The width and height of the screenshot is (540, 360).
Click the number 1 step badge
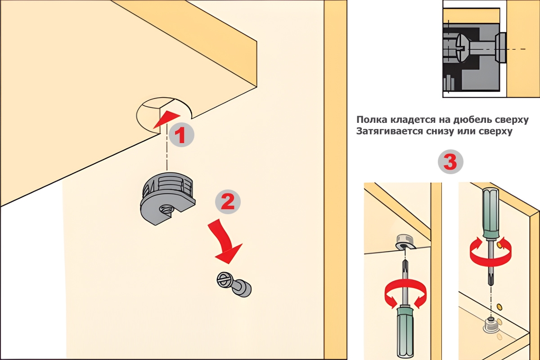coord(181,135)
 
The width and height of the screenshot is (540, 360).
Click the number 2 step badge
coord(228,202)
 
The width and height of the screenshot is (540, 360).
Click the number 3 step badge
coord(450,162)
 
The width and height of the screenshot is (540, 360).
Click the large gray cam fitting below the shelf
coord(168,198)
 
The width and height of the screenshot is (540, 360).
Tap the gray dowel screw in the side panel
coord(234,284)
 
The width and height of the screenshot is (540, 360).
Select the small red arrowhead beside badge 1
coord(166,119)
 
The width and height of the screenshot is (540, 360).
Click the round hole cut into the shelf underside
coord(164,115)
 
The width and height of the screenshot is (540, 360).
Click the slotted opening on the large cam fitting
coord(166,210)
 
